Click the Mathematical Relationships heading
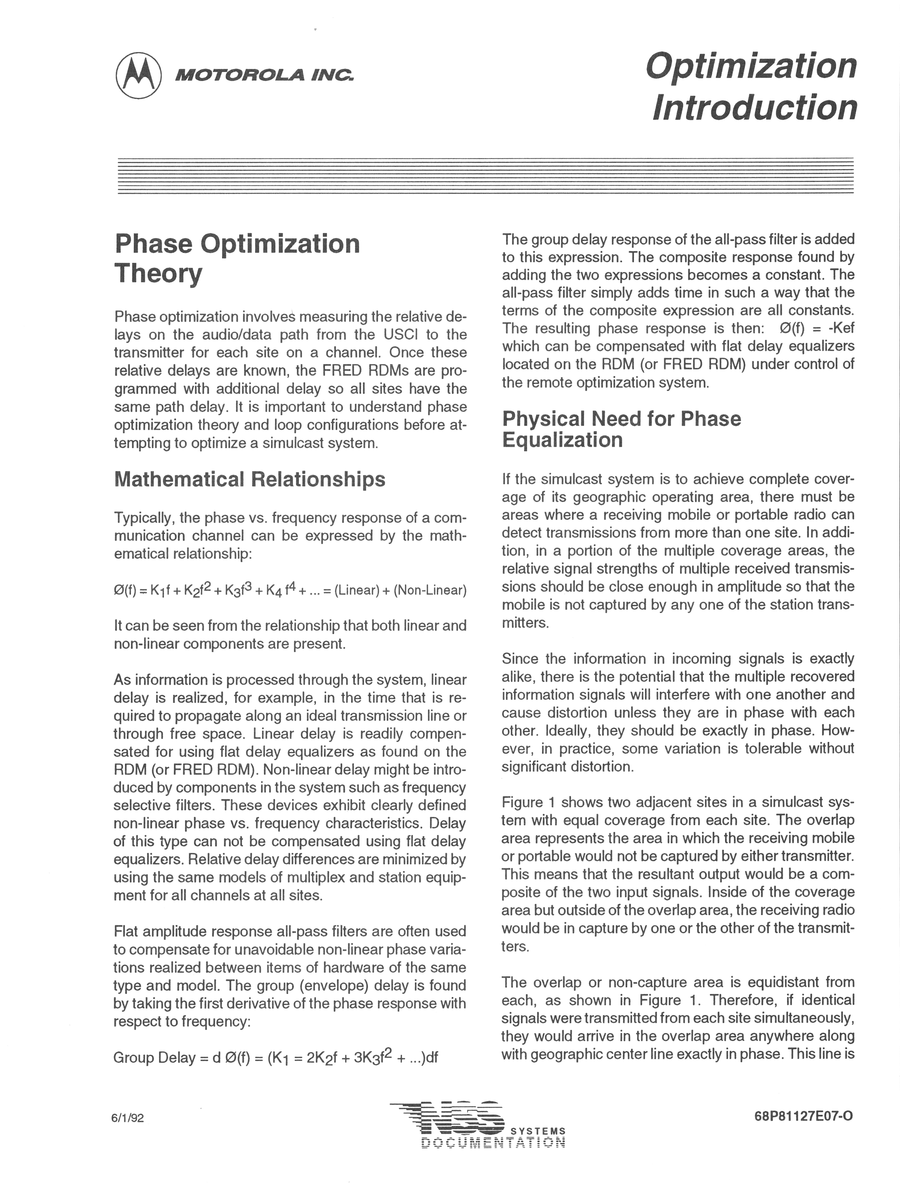click(250, 479)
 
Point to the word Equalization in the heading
click(562, 440)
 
